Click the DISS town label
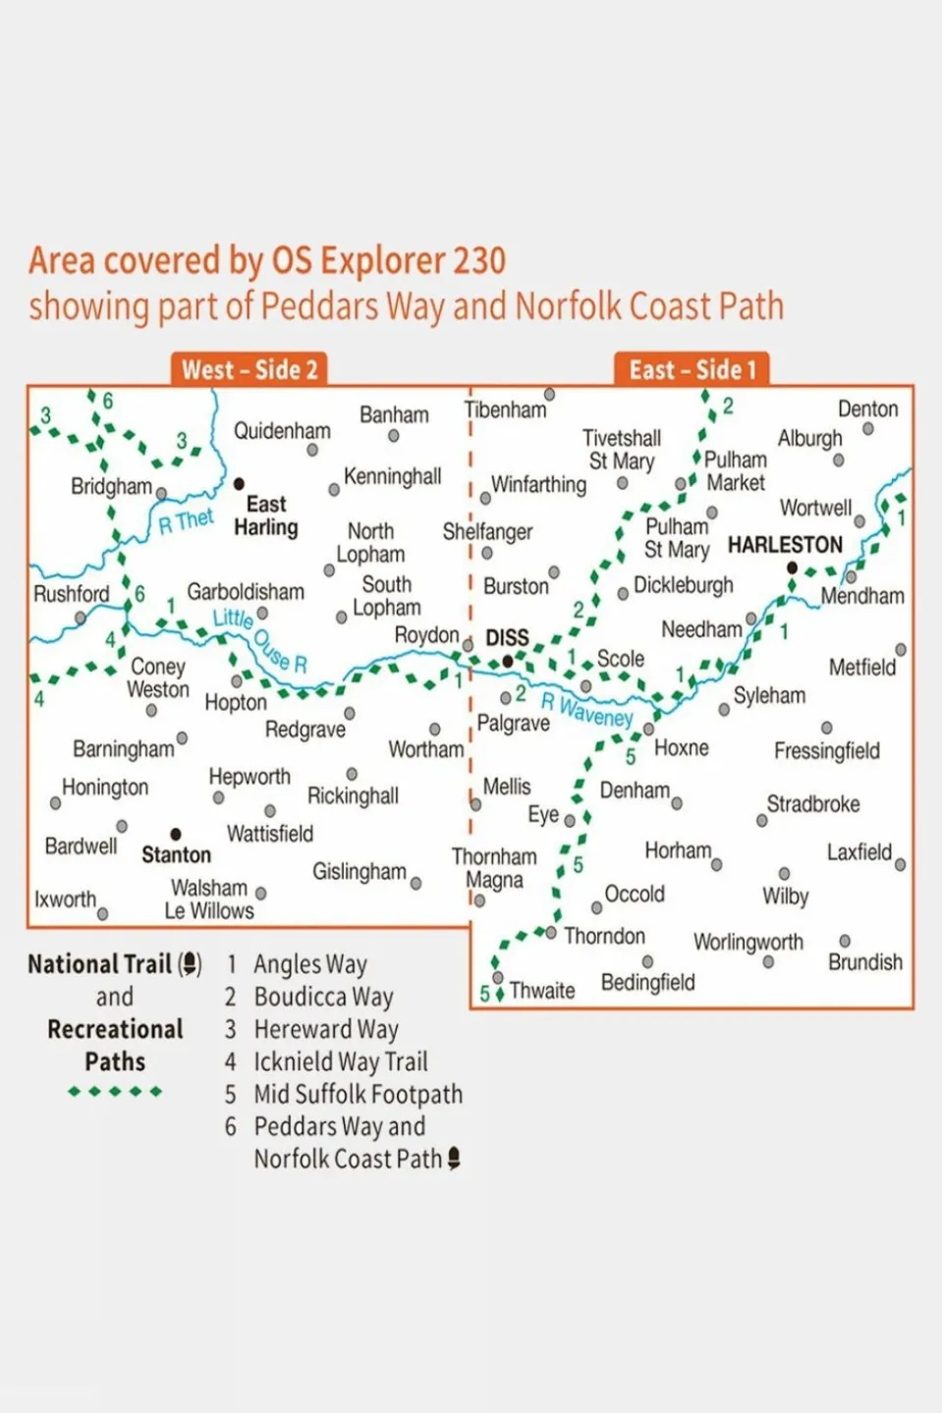pyautogui.click(x=507, y=638)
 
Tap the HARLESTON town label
pyautogui.click(x=785, y=545)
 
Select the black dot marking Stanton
pyautogui.click(x=176, y=834)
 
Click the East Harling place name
pyautogui.click(x=265, y=516)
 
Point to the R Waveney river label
pyautogui.click(x=586, y=710)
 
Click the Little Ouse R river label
pyautogui.click(x=260, y=640)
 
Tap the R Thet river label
pyautogui.click(x=186, y=520)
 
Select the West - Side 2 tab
pyautogui.click(x=249, y=370)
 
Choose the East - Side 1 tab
pyautogui.click(x=693, y=370)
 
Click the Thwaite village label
pyautogui.click(x=542, y=990)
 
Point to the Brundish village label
pyautogui.click(x=864, y=962)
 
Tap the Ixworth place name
pyautogui.click(x=65, y=899)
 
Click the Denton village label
pyautogui.click(x=867, y=408)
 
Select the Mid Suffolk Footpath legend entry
pyautogui.click(x=358, y=1094)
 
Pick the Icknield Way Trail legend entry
pyautogui.click(x=340, y=1061)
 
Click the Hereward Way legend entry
pyautogui.click(x=325, y=1029)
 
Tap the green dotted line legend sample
pyautogui.click(x=115, y=1091)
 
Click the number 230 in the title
pyautogui.click(x=478, y=261)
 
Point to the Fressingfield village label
pyautogui.click(x=826, y=751)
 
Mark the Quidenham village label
pyautogui.click(x=282, y=431)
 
